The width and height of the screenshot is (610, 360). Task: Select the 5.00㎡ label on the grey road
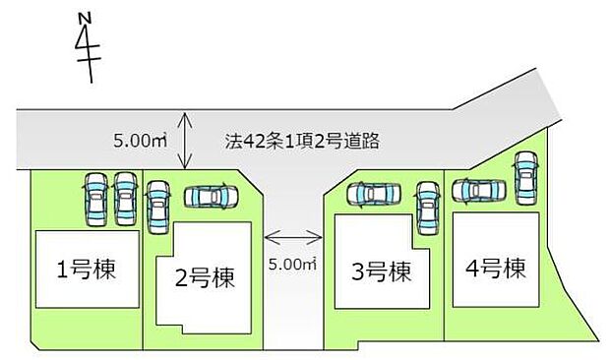tap(138, 141)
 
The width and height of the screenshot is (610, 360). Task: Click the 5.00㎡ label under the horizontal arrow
tap(293, 264)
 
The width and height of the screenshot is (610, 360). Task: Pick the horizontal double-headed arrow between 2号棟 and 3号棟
tap(293, 236)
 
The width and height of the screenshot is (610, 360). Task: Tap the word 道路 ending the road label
tap(364, 141)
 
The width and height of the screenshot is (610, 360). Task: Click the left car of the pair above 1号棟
tap(95, 199)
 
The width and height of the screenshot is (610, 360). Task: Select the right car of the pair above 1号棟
tap(125, 199)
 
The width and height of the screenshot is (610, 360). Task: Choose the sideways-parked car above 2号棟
tap(212, 197)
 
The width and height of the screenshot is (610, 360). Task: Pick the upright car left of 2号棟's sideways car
tap(158, 207)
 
